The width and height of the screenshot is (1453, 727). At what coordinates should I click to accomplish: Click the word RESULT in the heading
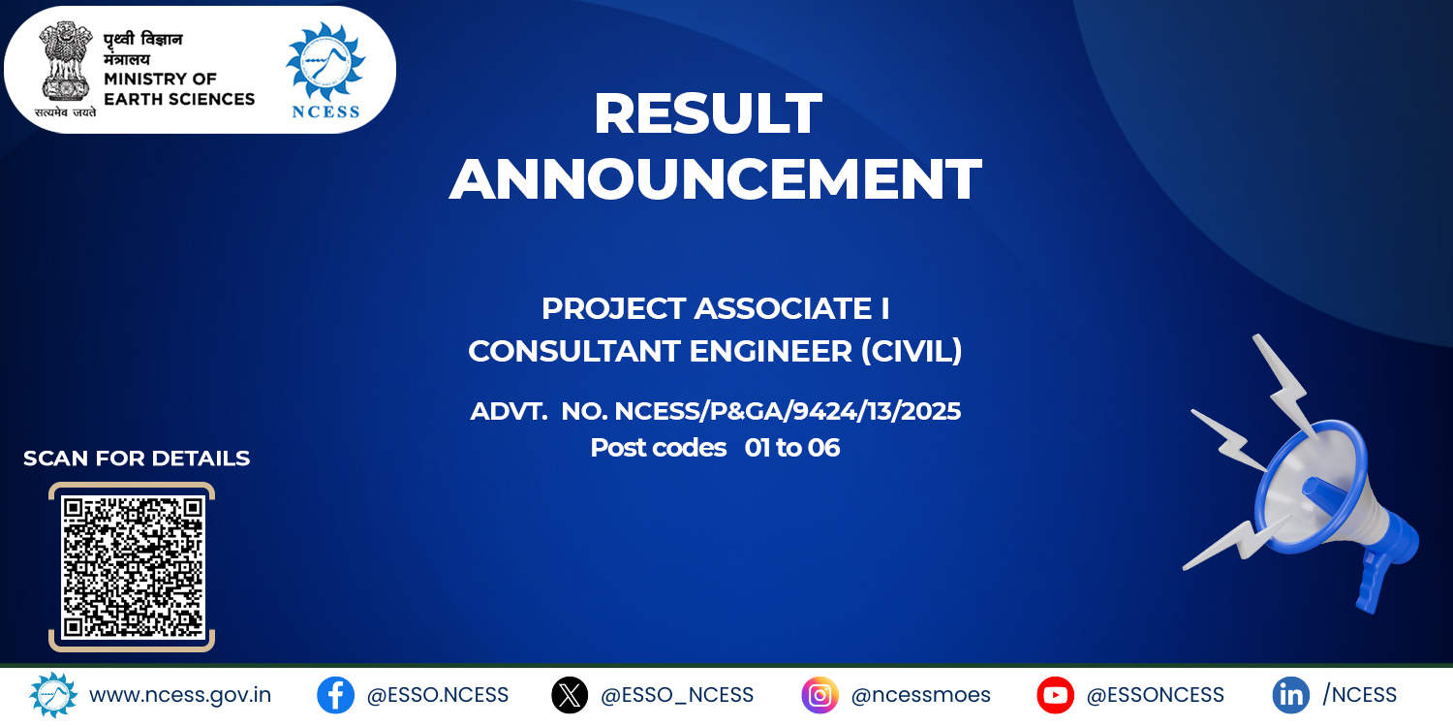(708, 113)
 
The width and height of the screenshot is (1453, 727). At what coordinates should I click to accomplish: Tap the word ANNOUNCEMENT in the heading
(716, 178)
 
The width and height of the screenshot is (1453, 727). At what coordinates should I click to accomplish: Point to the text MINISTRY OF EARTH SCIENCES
(179, 89)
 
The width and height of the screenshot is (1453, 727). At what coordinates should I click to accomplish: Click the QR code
(133, 567)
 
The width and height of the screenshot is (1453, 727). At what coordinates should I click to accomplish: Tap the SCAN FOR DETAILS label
(137, 458)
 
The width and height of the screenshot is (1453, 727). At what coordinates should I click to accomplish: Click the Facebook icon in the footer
(335, 695)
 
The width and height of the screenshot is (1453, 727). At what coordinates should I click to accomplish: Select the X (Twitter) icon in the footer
(570, 695)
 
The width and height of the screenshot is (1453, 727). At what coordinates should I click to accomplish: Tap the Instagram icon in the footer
(819, 695)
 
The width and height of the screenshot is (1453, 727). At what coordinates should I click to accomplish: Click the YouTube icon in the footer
(1056, 695)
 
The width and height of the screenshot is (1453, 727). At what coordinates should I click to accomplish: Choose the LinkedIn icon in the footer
(1291, 695)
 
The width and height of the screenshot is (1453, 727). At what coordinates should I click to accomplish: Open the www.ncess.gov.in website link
(180, 695)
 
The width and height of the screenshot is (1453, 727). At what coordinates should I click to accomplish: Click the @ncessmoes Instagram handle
(920, 695)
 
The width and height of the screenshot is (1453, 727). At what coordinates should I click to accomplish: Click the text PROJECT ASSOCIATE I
(716, 308)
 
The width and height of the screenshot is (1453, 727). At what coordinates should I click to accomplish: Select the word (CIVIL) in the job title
(912, 351)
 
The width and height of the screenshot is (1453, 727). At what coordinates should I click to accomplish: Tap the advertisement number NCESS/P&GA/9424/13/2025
(788, 411)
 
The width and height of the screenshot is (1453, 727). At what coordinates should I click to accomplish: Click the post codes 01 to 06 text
(715, 447)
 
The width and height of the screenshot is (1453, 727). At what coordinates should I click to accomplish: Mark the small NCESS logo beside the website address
(53, 695)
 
